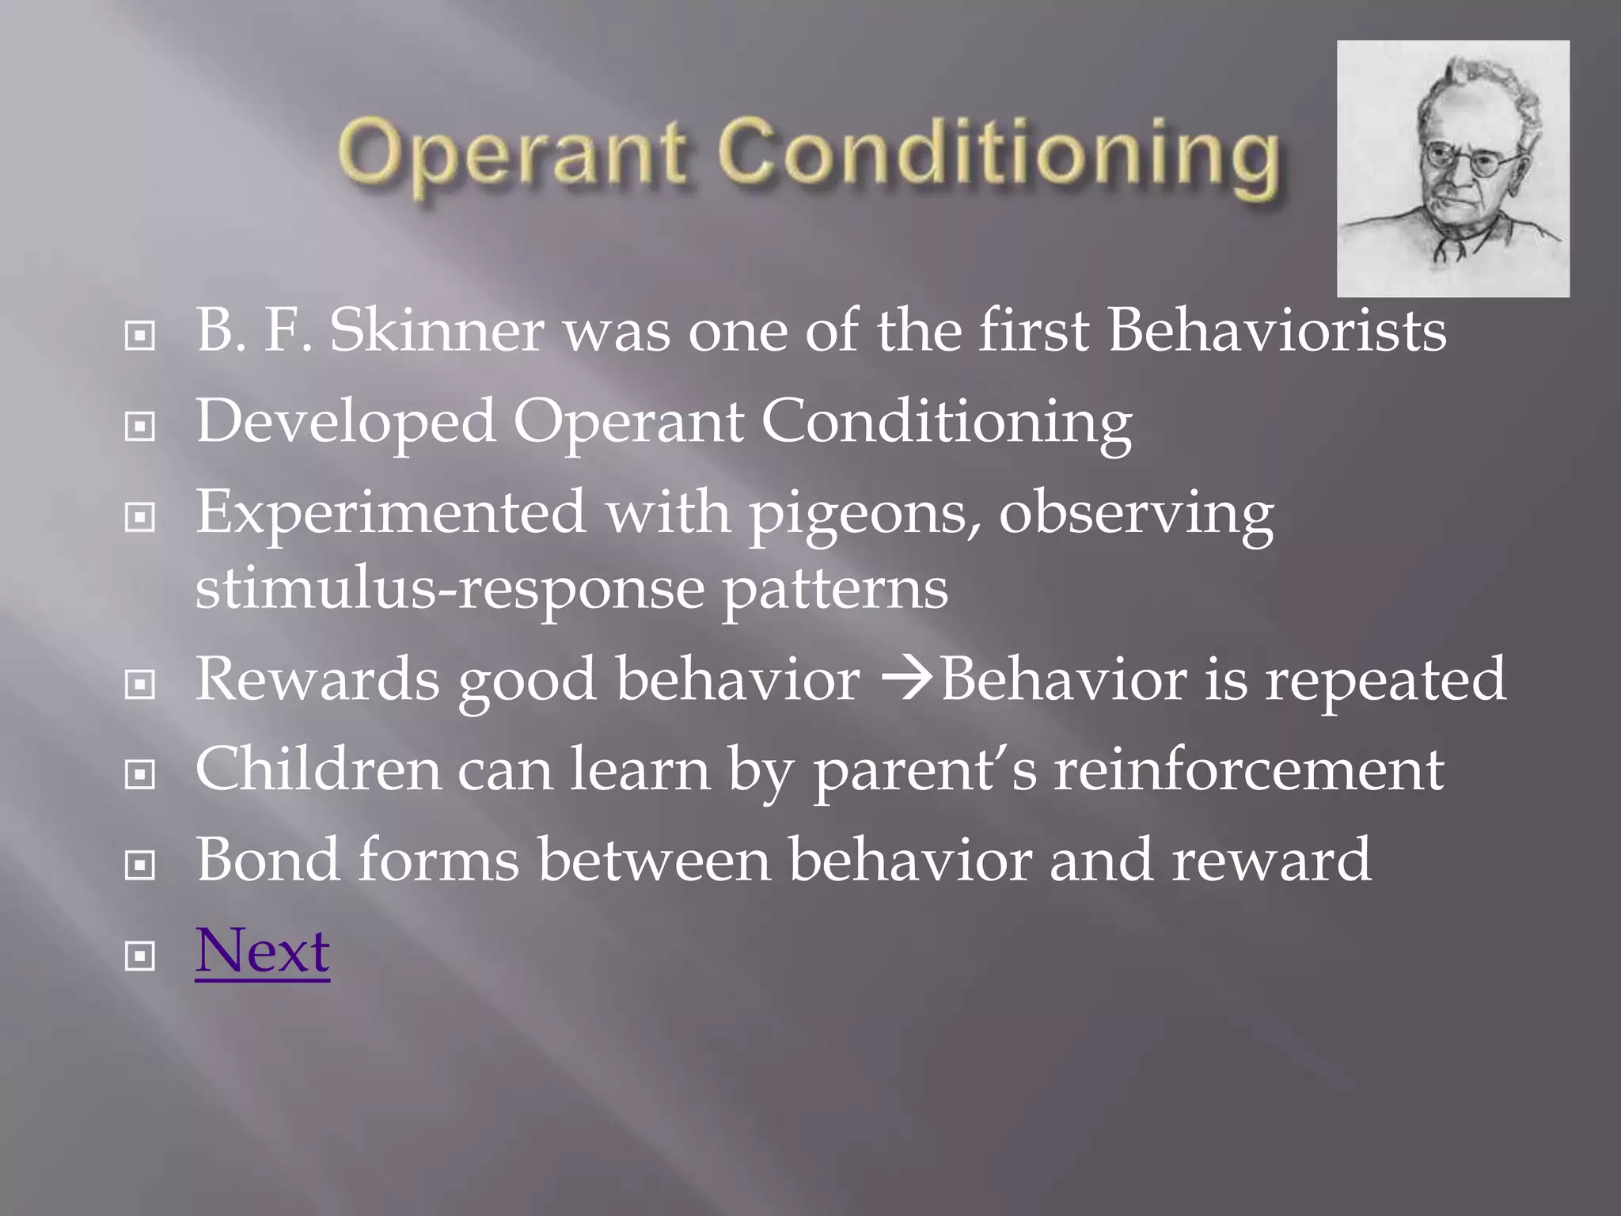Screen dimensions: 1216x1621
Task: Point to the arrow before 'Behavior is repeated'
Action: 909,679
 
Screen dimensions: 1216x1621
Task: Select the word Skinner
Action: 436,330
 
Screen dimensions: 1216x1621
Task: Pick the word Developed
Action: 346,422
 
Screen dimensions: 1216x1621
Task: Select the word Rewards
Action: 317,679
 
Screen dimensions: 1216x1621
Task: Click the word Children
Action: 317,769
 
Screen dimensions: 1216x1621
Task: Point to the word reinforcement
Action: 1248,769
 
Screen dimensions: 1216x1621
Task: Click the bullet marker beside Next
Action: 140,956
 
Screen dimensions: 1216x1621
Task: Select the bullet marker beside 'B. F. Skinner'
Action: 140,336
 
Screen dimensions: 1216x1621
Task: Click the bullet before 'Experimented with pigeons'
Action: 140,518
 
